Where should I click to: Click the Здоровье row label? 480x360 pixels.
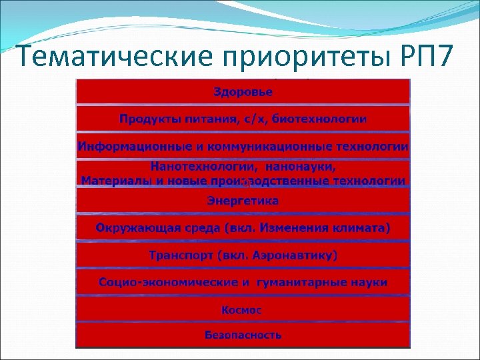[x=243, y=91]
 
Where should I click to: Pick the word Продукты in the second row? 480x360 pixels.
[x=148, y=119]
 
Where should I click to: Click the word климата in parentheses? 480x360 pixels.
[x=361, y=228]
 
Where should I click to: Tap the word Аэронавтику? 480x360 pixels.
[x=297, y=255]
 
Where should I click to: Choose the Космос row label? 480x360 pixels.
[x=243, y=310]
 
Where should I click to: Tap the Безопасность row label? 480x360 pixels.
[x=243, y=335]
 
